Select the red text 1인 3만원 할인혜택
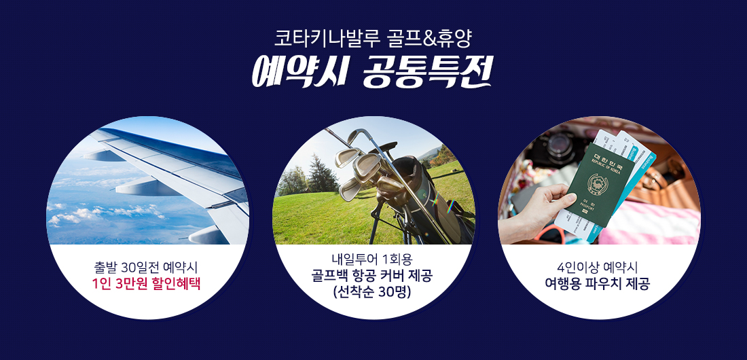coord(146,284)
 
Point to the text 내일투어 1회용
coord(373,260)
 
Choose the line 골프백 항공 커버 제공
coord(372,276)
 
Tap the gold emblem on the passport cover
coord(597,183)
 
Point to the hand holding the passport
coord(534,210)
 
